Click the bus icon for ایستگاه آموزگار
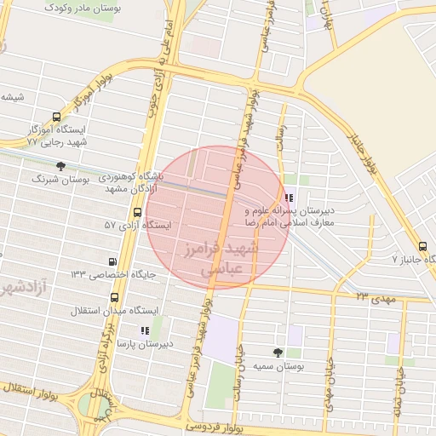click(56, 118)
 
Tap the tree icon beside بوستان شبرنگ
click(60, 166)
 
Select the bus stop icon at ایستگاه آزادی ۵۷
click(137, 212)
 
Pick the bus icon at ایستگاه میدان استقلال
click(115, 297)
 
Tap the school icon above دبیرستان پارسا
click(144, 330)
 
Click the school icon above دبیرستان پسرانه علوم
click(290, 198)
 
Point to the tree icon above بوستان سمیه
click(278, 352)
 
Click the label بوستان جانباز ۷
click(407, 257)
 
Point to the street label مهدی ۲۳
click(376, 296)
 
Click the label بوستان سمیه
click(278, 366)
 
